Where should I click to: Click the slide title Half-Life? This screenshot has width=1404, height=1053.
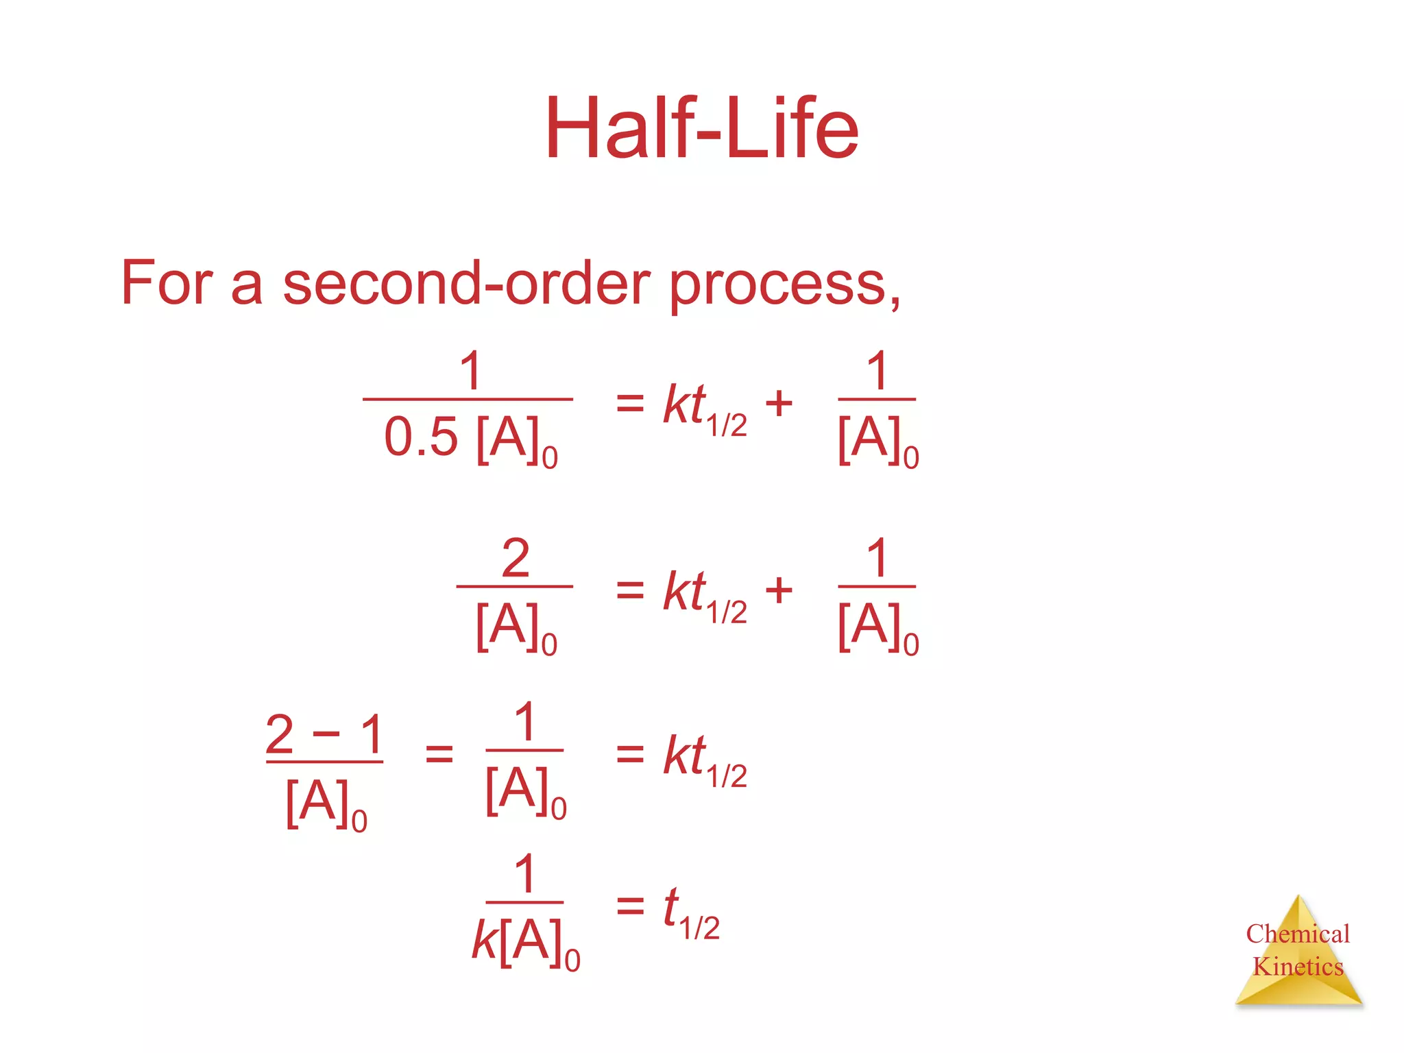[701, 129]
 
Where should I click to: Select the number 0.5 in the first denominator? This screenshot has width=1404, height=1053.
[420, 437]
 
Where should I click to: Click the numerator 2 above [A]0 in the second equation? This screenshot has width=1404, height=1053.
[516, 558]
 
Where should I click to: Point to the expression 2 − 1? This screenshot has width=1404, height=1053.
[324, 734]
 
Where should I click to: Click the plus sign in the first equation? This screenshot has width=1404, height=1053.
[779, 403]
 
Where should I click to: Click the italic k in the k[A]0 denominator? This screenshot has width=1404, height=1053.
[484, 940]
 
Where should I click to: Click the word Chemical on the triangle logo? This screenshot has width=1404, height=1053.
[1297, 934]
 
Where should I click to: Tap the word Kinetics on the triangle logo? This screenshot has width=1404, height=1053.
[1297, 967]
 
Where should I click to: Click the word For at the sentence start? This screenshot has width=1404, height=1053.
[167, 283]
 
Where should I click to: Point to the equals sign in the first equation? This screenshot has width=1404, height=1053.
[630, 403]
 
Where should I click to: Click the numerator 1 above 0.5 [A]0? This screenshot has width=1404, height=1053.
[470, 371]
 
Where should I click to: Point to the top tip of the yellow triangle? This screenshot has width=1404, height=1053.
[1298, 897]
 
